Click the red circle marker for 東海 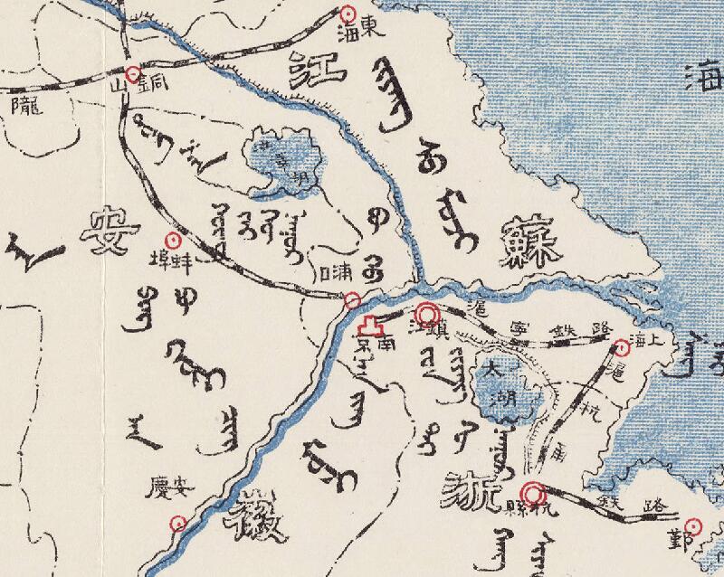[348, 13]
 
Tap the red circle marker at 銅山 [133, 73]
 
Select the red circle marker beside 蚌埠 [175, 241]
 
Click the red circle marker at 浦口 [353, 299]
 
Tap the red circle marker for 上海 [622, 347]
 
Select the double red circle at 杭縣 [535, 495]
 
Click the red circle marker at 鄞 [694, 525]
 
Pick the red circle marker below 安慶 [178, 522]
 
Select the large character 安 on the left [106, 232]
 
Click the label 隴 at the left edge [22, 107]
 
